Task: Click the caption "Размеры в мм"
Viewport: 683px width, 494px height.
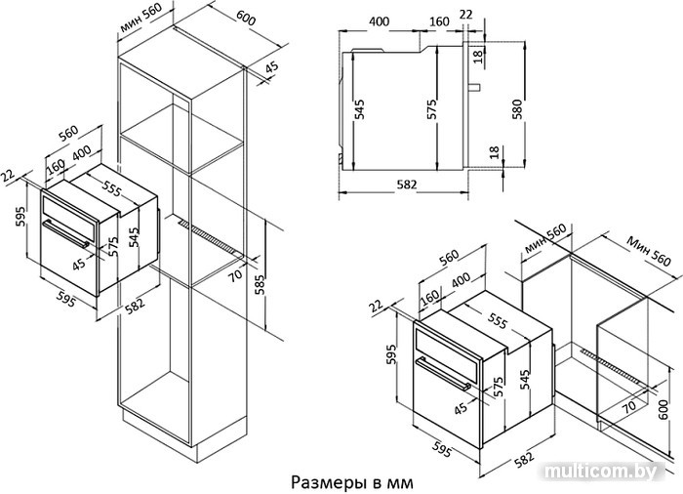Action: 351,482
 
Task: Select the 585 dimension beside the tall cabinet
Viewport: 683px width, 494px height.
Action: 260,285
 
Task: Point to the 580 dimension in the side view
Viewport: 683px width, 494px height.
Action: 516,110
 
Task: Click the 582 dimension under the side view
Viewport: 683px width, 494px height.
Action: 407,185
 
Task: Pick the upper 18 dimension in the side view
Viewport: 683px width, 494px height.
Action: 478,56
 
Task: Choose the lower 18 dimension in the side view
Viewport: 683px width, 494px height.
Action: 494,152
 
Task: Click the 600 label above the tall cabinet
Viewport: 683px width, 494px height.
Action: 246,19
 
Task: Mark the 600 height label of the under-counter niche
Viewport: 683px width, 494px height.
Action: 663,409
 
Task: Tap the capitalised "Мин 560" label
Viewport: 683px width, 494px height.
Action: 649,251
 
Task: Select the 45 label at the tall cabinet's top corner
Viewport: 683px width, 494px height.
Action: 271,67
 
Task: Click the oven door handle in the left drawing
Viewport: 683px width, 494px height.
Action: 66,234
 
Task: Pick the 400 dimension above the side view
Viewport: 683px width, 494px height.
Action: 379,21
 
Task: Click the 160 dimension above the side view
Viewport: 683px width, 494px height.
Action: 438,21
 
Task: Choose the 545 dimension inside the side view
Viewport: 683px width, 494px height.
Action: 359,109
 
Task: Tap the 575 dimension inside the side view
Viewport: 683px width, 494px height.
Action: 431,109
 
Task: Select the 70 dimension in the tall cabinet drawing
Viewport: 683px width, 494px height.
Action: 235,275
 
